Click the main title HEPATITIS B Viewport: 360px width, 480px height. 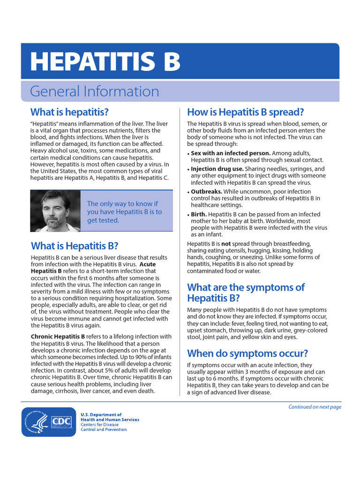point(105,61)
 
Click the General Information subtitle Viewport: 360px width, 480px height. point(94,91)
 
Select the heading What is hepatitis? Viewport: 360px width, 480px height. point(69,112)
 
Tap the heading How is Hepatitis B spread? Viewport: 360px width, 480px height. point(246,112)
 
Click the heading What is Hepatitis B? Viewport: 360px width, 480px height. point(75,246)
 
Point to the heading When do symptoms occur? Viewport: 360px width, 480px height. point(247,353)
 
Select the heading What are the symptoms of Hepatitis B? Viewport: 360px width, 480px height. point(246,292)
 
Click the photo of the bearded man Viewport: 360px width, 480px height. point(55,211)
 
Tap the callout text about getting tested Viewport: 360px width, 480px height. point(124,212)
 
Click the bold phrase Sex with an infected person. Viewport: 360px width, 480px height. point(231,153)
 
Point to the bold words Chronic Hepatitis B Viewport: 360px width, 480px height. point(58,337)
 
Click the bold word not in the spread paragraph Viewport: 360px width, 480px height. point(226,244)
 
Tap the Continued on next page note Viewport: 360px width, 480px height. point(315,407)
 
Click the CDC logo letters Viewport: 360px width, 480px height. point(61,421)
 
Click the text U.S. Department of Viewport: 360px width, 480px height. point(101,415)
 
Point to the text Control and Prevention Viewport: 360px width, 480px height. point(103,429)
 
